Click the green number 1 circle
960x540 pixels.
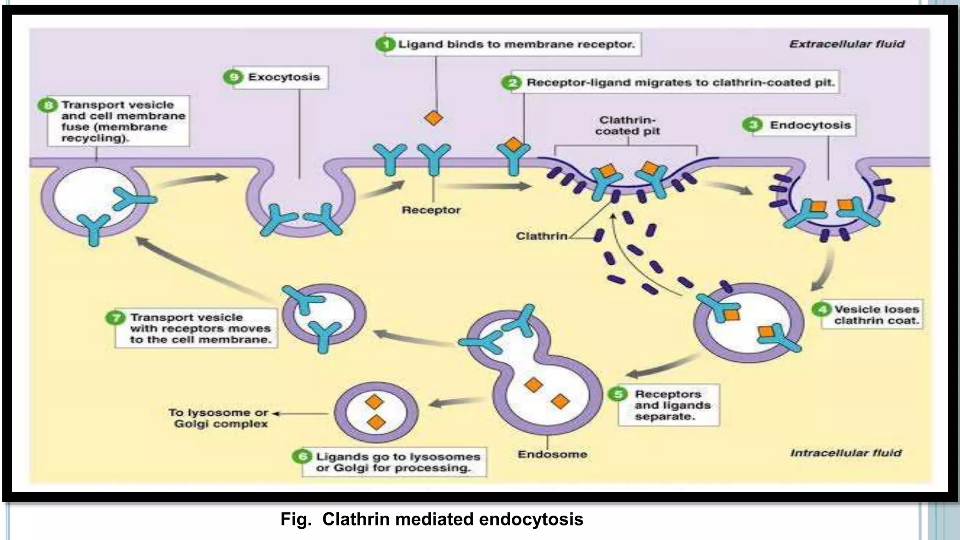click(385, 45)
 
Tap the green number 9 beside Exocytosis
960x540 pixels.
click(233, 77)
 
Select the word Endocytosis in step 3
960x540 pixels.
click(810, 125)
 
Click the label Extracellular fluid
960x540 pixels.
click(847, 44)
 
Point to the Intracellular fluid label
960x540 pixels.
click(846, 453)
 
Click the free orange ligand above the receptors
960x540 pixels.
click(433, 118)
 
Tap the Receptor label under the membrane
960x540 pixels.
click(431, 210)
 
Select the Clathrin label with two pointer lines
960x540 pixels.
click(541, 236)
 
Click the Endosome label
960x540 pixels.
click(552, 454)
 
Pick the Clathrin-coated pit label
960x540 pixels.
click(627, 126)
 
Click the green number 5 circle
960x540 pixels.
click(618, 394)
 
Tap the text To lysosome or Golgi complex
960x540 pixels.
click(219, 418)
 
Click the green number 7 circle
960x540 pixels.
click(115, 318)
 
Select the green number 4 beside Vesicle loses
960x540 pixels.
click(821, 309)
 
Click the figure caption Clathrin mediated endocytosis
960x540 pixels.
click(432, 519)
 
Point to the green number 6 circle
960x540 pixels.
click(302, 456)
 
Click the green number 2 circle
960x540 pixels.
click(511, 83)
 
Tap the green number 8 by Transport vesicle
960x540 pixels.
click(48, 105)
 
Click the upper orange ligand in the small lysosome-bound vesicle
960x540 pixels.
click(374, 402)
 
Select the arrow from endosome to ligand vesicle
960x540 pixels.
click(455, 402)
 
